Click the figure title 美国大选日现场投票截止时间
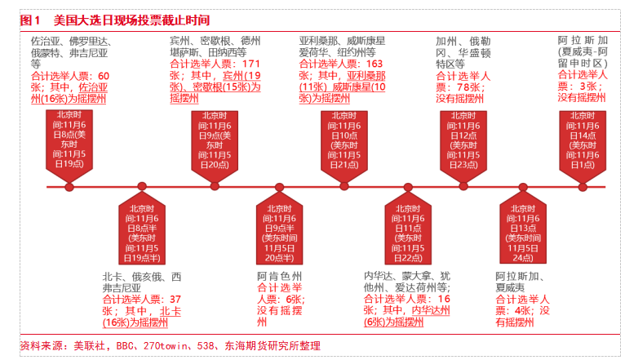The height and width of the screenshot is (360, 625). pos(131,19)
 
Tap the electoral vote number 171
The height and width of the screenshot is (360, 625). pos(251,64)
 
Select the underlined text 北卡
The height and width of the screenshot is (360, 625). pos(171,311)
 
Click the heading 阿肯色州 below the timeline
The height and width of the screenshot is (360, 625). pos(280,276)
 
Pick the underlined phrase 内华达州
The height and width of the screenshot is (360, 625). pos(432,311)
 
